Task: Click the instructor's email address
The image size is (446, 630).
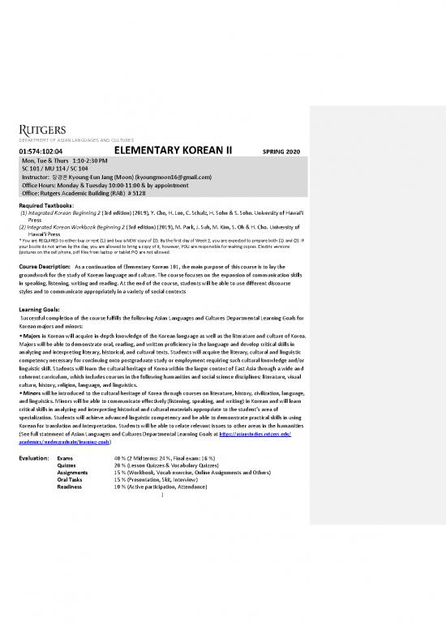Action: pos(171,176)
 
